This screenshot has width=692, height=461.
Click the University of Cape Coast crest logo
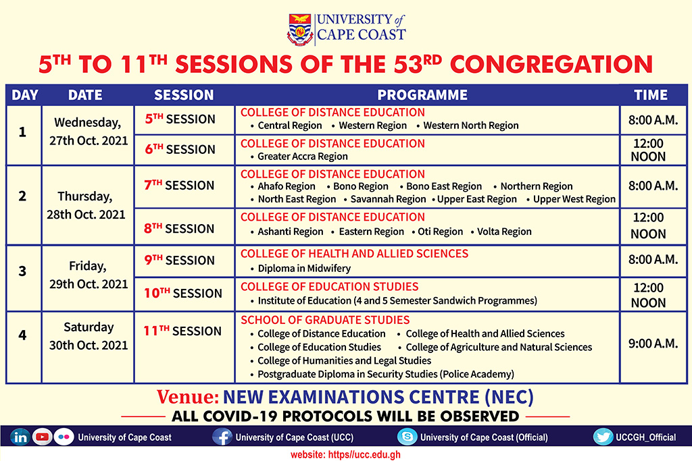[x=300, y=30]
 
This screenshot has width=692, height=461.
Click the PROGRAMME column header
[x=422, y=94]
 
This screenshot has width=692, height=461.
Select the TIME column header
[x=651, y=94]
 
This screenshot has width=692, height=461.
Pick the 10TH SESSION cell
[x=183, y=293]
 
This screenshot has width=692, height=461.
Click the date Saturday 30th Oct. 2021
[x=89, y=336]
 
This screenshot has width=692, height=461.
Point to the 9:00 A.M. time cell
[x=653, y=344]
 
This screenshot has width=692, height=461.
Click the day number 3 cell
[x=22, y=271]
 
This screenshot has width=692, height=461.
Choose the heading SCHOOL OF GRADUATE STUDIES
[x=325, y=320]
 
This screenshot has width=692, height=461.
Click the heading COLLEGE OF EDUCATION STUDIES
[x=329, y=286]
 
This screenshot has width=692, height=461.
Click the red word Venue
[x=188, y=397]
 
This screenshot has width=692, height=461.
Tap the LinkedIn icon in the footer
[x=20, y=437]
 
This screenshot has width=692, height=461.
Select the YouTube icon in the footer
[x=42, y=437]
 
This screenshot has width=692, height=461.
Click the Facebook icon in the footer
[x=222, y=437]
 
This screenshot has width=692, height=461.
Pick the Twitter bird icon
[x=603, y=437]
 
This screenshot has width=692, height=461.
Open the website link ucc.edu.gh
[x=345, y=454]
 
